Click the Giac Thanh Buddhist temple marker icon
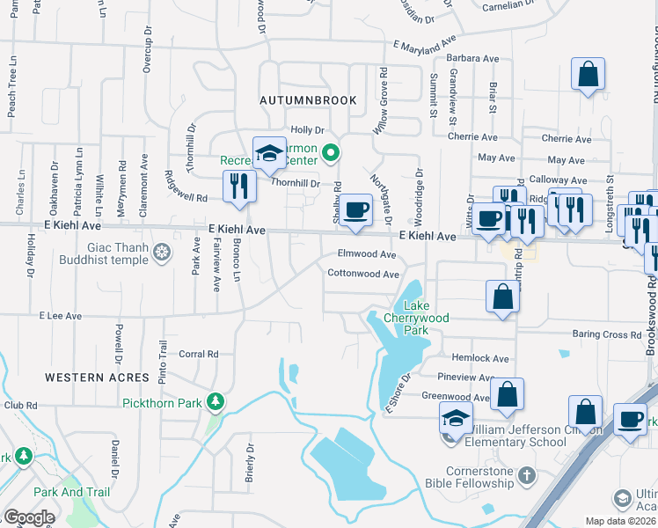pos(162,254)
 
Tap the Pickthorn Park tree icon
pos(214,402)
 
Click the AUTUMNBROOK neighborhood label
pos(309,100)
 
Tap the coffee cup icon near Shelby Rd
pos(355,210)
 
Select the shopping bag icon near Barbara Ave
pos(588,75)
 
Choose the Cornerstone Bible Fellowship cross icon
pos(526,476)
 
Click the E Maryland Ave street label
pos(426,43)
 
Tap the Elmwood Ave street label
pos(367,253)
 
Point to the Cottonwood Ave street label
pos(363,274)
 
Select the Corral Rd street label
pos(198,355)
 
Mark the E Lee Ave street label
pos(60,315)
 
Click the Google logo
pos(29,517)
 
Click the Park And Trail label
pos(71,492)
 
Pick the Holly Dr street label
pos(308,129)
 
